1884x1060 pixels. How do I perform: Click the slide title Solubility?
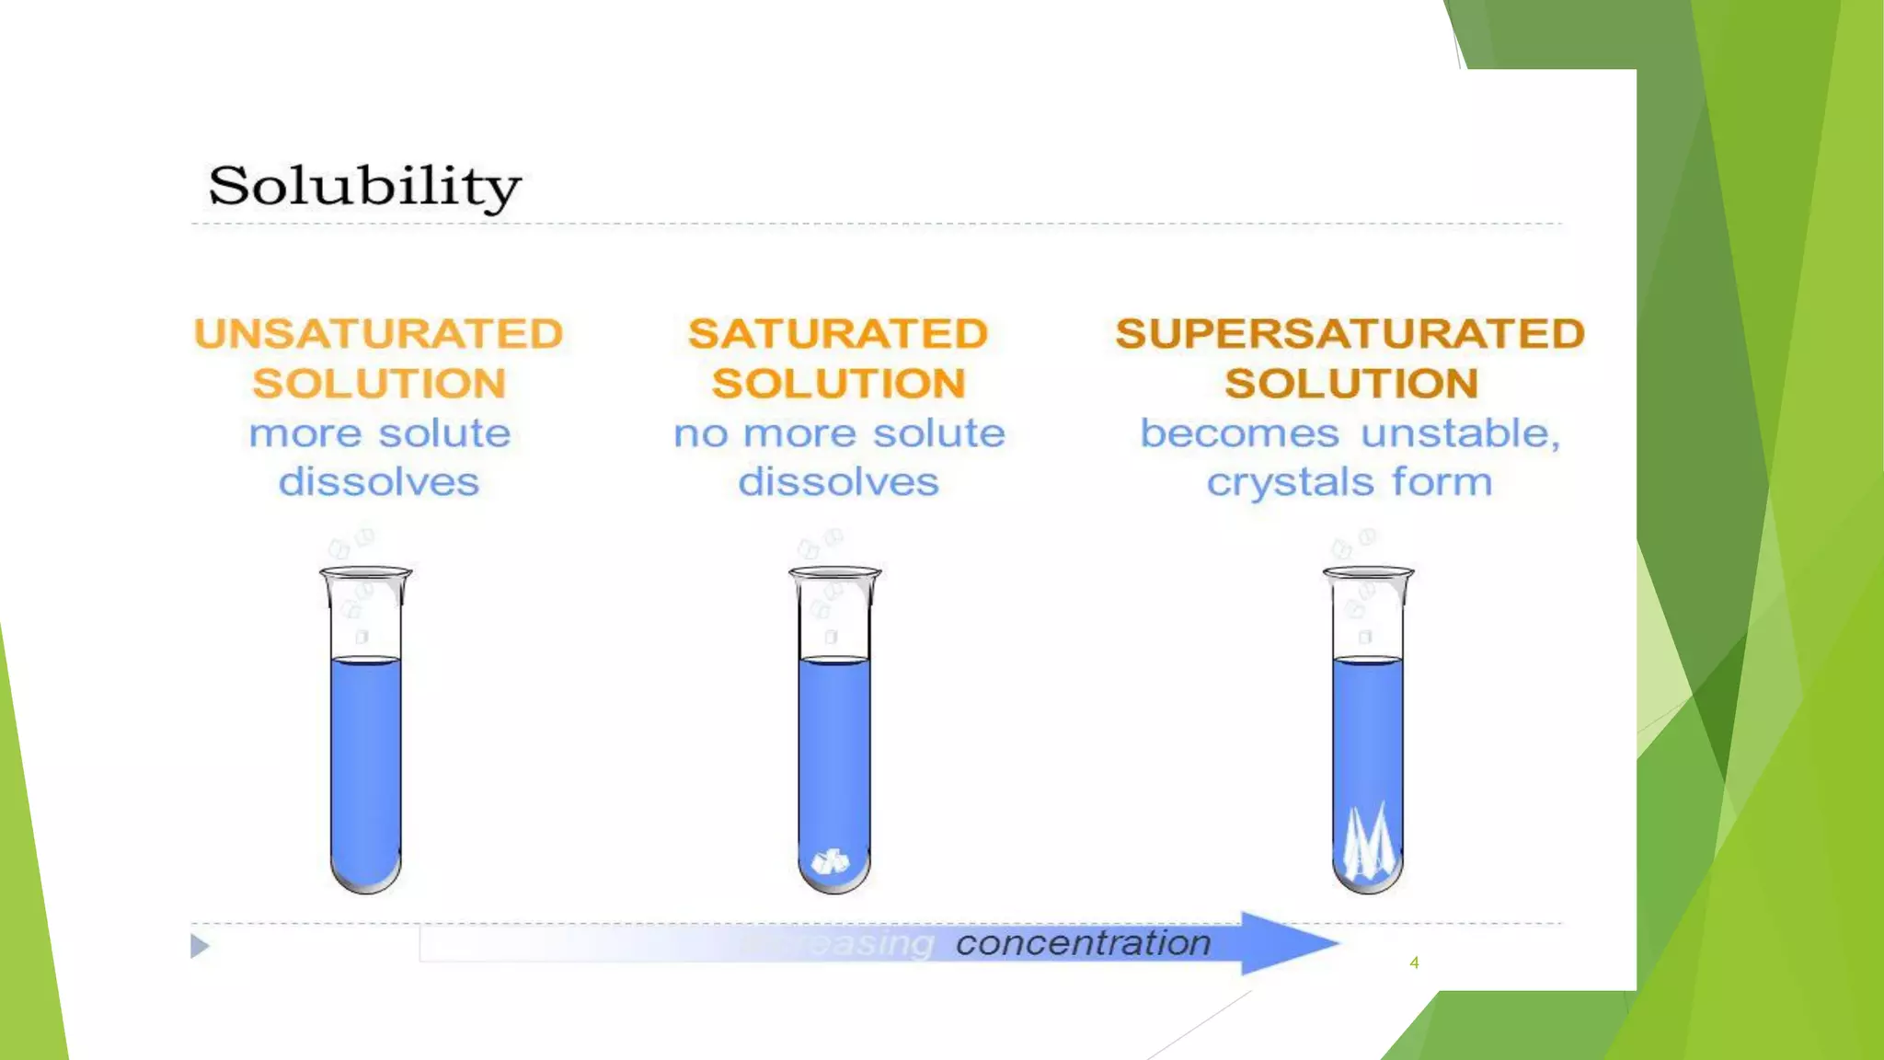[364, 187]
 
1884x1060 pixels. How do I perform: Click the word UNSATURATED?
[378, 334]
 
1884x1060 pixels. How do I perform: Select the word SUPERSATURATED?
[1350, 334]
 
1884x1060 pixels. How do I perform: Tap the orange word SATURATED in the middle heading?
[837, 334]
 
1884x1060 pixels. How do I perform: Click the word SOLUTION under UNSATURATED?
[379, 384]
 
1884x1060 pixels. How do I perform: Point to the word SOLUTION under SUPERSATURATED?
[1350, 384]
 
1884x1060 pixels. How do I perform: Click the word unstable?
[1460, 433]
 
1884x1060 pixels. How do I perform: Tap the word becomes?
[1239, 433]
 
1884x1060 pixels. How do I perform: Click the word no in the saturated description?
[700, 434]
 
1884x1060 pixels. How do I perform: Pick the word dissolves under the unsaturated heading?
[379, 482]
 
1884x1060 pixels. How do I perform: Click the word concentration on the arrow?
[1083, 943]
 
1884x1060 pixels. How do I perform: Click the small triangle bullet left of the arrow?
[200, 946]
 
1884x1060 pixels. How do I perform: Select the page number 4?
[1414, 962]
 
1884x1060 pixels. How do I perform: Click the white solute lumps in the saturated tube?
[831, 861]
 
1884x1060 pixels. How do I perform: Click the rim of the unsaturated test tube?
[366, 572]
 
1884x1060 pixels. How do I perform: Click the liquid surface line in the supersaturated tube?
[1368, 659]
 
